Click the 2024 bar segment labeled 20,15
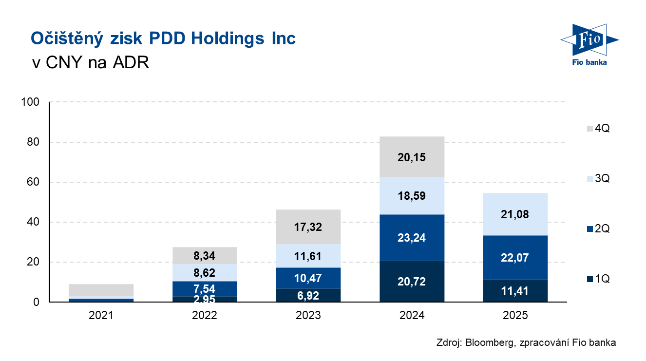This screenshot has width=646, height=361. [x=412, y=157]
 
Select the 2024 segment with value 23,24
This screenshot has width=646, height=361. [x=412, y=238]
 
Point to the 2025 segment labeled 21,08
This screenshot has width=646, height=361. [x=515, y=214]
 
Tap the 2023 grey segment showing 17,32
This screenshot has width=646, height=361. [x=308, y=227]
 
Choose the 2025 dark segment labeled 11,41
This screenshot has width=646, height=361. [x=515, y=291]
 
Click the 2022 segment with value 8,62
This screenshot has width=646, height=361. [x=205, y=273]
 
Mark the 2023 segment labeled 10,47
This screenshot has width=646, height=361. [x=308, y=278]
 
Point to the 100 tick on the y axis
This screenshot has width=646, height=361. [x=30, y=102]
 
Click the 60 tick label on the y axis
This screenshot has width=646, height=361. [x=33, y=182]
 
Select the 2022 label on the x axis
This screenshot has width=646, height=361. [x=205, y=315]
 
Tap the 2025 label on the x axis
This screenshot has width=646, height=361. [x=515, y=315]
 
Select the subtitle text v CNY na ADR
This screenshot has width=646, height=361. [x=90, y=63]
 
